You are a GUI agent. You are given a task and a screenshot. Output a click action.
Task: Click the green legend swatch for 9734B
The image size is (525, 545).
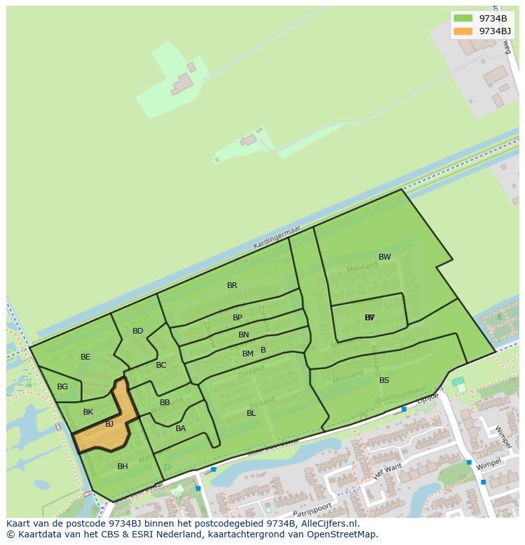[x=463, y=18]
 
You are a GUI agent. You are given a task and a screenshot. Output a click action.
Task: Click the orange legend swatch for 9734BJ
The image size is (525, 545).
[x=463, y=31]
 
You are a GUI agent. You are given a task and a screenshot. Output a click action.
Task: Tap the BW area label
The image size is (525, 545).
[x=385, y=257]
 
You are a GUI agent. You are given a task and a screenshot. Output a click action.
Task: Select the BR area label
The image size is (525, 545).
[x=232, y=285]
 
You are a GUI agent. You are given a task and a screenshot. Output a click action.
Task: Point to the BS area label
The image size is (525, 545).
[x=384, y=380]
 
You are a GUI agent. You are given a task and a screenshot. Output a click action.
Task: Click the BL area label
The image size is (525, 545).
[x=251, y=413]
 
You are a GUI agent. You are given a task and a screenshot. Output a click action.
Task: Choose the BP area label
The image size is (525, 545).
[x=237, y=318]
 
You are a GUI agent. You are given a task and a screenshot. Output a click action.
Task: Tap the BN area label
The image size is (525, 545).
[x=243, y=335]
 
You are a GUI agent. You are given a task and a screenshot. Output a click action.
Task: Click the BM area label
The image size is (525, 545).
[x=248, y=354]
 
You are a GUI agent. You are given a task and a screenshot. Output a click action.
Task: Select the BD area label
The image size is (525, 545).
[x=138, y=331]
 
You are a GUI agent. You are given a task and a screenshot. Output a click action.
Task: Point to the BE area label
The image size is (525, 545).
[x=86, y=357]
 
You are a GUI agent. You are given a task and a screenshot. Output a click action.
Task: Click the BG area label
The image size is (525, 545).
[x=62, y=387]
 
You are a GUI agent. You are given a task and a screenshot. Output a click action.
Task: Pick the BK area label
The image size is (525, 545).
[x=88, y=412]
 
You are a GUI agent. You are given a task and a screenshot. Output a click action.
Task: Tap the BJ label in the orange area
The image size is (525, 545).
[x=109, y=424]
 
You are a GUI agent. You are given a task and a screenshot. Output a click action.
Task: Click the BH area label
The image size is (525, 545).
[x=122, y=467]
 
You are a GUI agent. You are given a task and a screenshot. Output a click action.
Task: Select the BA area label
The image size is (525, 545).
[x=181, y=429]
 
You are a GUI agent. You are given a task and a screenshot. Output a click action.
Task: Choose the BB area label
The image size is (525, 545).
[x=165, y=403]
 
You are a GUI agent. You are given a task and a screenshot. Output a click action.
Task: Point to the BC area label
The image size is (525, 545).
[x=161, y=365]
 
